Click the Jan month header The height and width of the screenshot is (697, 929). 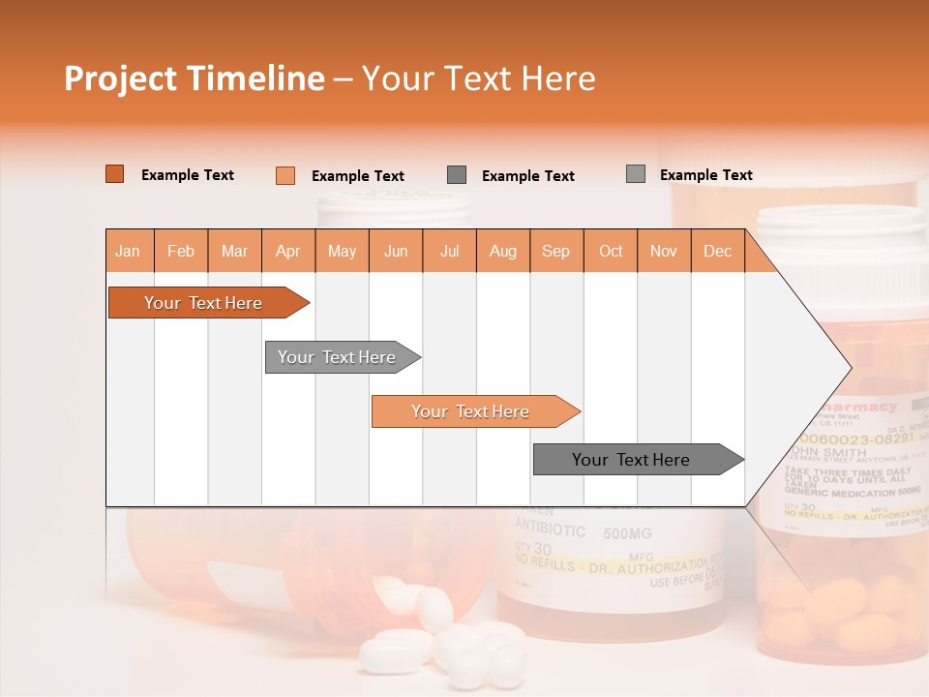click(x=128, y=252)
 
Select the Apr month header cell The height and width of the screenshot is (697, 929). click(x=288, y=252)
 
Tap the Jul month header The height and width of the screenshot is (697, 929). click(x=450, y=252)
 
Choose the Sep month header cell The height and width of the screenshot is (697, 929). click(x=555, y=252)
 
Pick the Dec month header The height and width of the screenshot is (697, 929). click(x=717, y=252)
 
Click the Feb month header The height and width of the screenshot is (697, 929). click(x=181, y=252)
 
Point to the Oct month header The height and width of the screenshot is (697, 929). click(x=611, y=252)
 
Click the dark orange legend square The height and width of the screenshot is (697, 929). click(x=114, y=174)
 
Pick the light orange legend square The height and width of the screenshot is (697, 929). click(x=285, y=175)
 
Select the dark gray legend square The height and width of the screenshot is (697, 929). click(x=457, y=175)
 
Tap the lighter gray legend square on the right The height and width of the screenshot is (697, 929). click(x=636, y=174)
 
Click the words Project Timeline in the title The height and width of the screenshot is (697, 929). click(x=194, y=78)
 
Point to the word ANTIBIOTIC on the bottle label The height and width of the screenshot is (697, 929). click(x=551, y=530)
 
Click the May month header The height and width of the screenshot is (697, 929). click(x=342, y=252)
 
